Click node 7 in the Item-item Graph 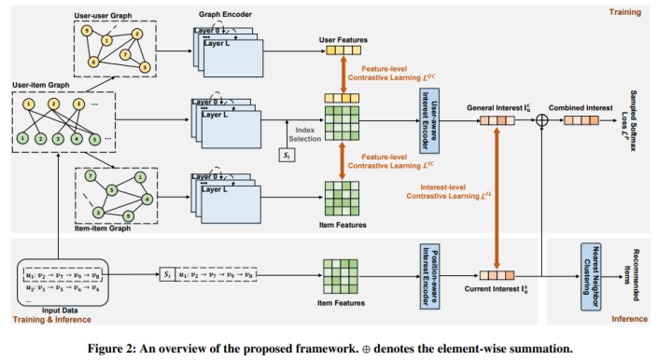(90, 176)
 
